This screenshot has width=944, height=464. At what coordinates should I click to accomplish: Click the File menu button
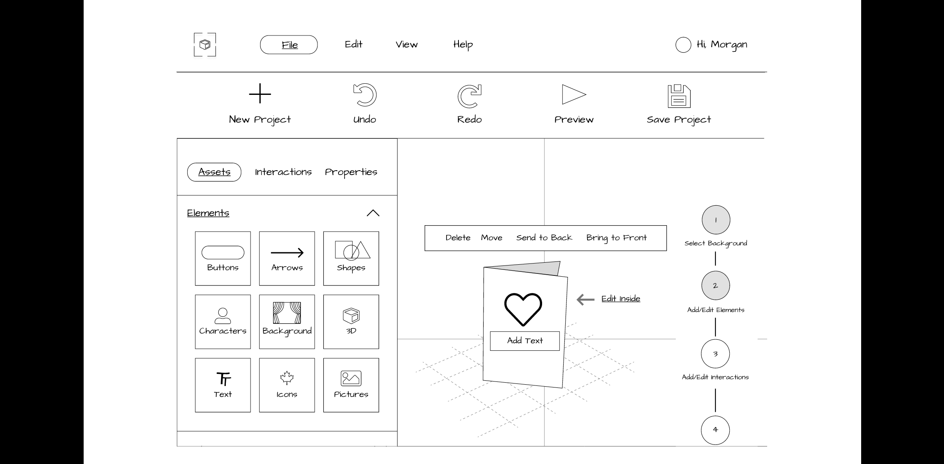pyautogui.click(x=289, y=45)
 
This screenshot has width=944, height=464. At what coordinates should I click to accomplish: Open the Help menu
pyautogui.click(x=463, y=45)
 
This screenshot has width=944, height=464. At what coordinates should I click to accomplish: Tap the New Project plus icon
pyautogui.click(x=260, y=94)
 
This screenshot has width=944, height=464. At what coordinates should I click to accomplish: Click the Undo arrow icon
pyautogui.click(x=364, y=95)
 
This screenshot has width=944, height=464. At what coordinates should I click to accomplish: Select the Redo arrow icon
pyautogui.click(x=469, y=96)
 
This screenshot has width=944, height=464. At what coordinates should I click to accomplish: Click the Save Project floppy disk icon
pyautogui.click(x=679, y=96)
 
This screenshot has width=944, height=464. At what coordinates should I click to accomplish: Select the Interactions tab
pyautogui.click(x=283, y=172)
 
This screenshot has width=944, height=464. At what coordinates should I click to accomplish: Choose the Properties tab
pyautogui.click(x=351, y=172)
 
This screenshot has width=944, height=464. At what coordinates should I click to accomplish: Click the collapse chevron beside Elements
pyautogui.click(x=373, y=213)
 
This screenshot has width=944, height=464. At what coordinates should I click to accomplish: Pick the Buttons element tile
pyautogui.click(x=223, y=258)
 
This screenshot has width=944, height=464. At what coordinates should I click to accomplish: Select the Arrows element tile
pyautogui.click(x=287, y=258)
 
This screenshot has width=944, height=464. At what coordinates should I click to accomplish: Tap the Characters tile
pyautogui.click(x=223, y=322)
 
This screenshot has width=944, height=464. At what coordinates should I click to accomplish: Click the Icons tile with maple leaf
pyautogui.click(x=287, y=385)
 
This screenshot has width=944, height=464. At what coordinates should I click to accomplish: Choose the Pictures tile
pyautogui.click(x=351, y=385)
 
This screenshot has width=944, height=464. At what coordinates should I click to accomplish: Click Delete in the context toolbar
pyautogui.click(x=458, y=238)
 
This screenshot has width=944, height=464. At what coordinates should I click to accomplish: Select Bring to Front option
pyautogui.click(x=616, y=238)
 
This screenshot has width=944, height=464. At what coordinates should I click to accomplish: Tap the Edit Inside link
pyautogui.click(x=621, y=299)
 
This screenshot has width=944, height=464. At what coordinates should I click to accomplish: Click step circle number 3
pyautogui.click(x=715, y=354)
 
